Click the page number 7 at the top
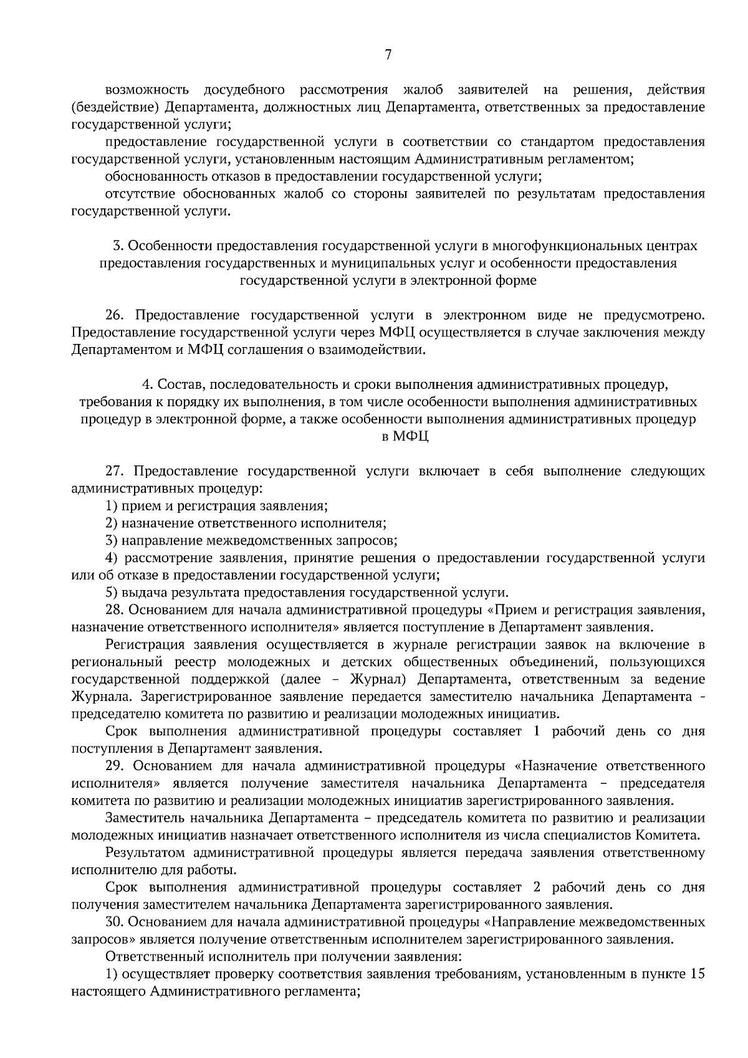pos(388,55)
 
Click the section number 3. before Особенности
pos(117,246)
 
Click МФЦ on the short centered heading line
pos(411,437)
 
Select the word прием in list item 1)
pos(138,506)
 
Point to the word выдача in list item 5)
pos(141,593)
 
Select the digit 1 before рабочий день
pos(536,732)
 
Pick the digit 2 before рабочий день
pos(536,887)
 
